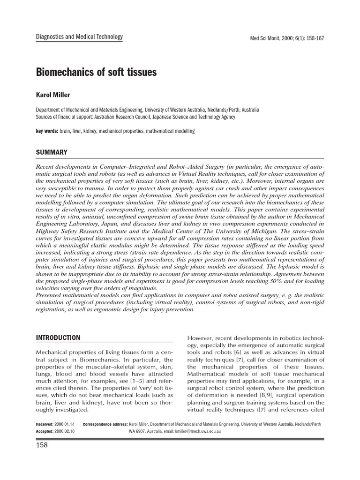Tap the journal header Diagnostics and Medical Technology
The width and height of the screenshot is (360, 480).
(x=79, y=37)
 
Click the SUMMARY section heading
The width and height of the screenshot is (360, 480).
(x=52, y=152)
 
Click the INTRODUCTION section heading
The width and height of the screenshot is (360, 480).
(x=58, y=337)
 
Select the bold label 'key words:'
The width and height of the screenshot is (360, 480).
(x=47, y=132)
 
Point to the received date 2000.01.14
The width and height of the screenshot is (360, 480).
(x=68, y=424)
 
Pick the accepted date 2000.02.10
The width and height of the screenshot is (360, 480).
(x=68, y=431)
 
